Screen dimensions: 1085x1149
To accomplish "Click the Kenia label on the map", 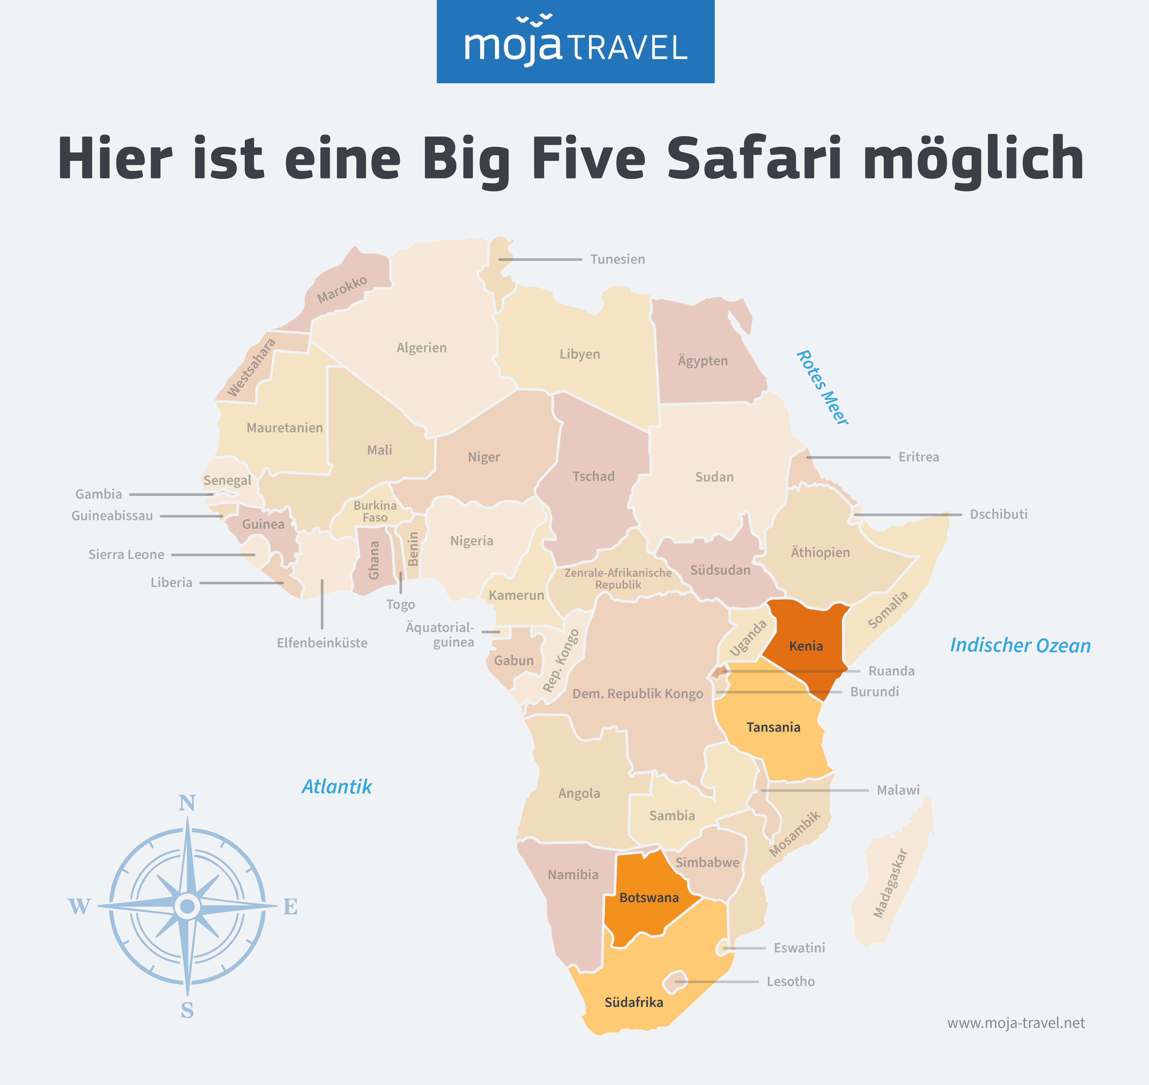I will [x=805, y=646].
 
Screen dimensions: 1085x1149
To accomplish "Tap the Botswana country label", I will [x=649, y=898].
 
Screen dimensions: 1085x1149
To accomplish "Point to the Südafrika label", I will [x=634, y=1002].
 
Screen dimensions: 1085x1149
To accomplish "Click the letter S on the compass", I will [x=187, y=1010].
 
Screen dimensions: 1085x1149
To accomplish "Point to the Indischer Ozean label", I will [x=1020, y=645].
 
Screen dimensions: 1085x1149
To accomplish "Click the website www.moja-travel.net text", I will [x=1016, y=1023].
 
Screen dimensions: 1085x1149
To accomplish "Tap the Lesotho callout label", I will [x=790, y=982].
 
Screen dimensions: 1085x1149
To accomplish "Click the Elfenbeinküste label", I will [x=322, y=643].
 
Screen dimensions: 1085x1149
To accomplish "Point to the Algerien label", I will [x=422, y=348].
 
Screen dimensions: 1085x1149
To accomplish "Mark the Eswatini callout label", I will [x=799, y=948].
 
